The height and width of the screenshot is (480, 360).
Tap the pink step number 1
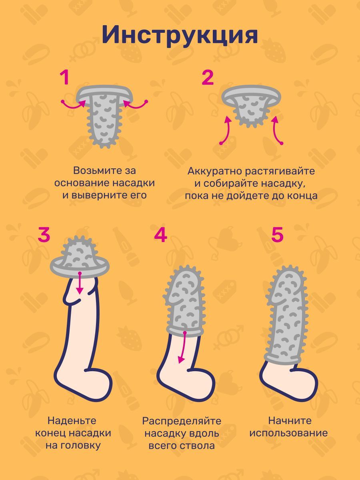[65, 78]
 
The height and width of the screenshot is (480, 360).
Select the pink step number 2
[208, 78]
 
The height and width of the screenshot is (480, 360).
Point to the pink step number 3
[44, 234]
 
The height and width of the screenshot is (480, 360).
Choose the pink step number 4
[161, 234]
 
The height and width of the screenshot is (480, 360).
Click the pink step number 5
[277, 234]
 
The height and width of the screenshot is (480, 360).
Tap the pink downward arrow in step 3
[80, 283]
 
